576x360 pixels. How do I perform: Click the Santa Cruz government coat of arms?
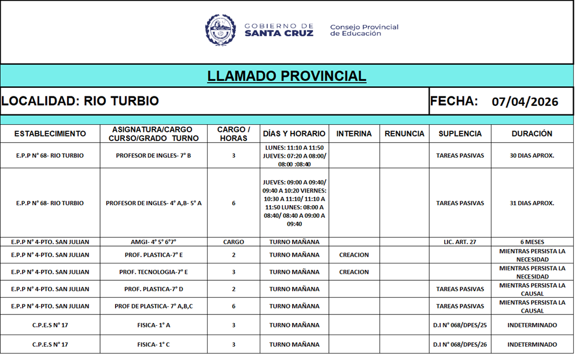coord(220,30)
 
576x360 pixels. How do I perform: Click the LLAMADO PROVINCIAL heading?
coord(287,76)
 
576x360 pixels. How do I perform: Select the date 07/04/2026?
coord(525,102)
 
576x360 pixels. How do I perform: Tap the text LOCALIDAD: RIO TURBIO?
coord(80,101)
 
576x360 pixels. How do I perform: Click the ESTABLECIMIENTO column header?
coord(50,134)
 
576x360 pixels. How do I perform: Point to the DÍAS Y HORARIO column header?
coord(294,134)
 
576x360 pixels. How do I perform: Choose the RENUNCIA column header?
coord(404,134)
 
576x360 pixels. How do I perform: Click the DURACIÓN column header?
coord(532,134)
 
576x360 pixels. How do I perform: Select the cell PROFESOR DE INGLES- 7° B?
coord(153,156)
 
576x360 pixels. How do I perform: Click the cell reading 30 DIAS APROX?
coord(532,156)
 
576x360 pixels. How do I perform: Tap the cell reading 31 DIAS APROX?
coord(532,203)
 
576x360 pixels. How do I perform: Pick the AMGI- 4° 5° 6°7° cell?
coord(153,242)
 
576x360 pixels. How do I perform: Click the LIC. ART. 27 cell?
coord(460,242)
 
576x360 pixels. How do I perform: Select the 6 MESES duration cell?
coord(532,242)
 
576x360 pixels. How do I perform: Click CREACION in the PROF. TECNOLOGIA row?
coord(354,272)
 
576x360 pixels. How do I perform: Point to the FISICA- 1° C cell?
coord(153,345)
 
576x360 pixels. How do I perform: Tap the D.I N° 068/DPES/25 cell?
coord(460,325)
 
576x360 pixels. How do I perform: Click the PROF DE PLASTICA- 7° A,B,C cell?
coord(153,306)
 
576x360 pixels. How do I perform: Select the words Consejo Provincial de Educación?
coord(364,30)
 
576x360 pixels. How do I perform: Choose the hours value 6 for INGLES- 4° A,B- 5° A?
coord(234,203)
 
